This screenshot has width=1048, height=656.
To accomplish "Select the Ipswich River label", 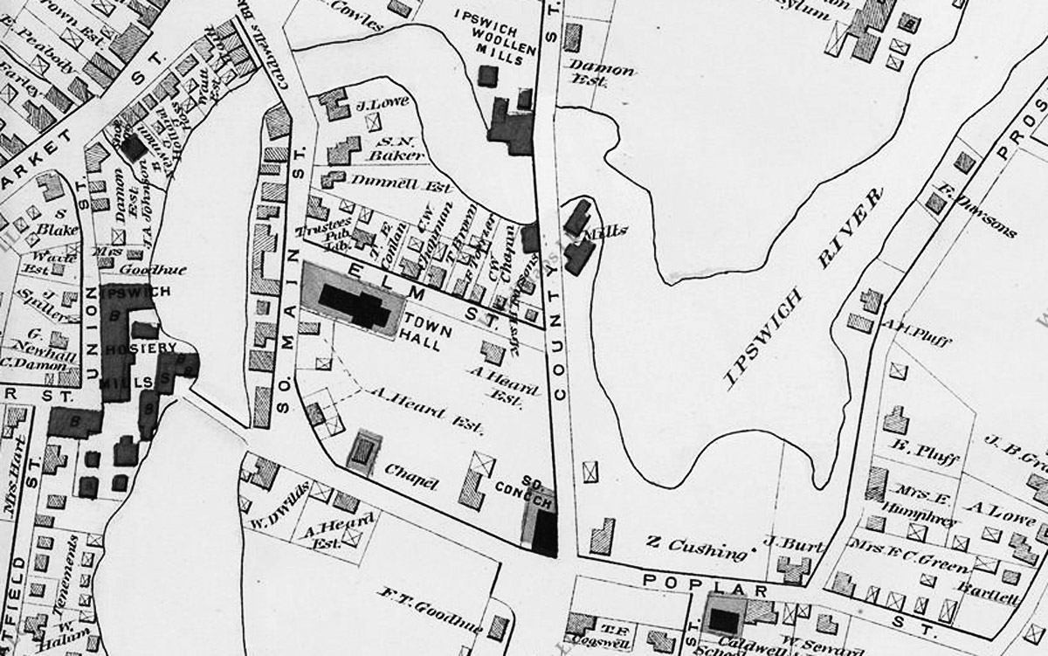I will click(x=801, y=288).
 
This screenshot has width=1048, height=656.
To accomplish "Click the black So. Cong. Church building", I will click(x=544, y=531).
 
